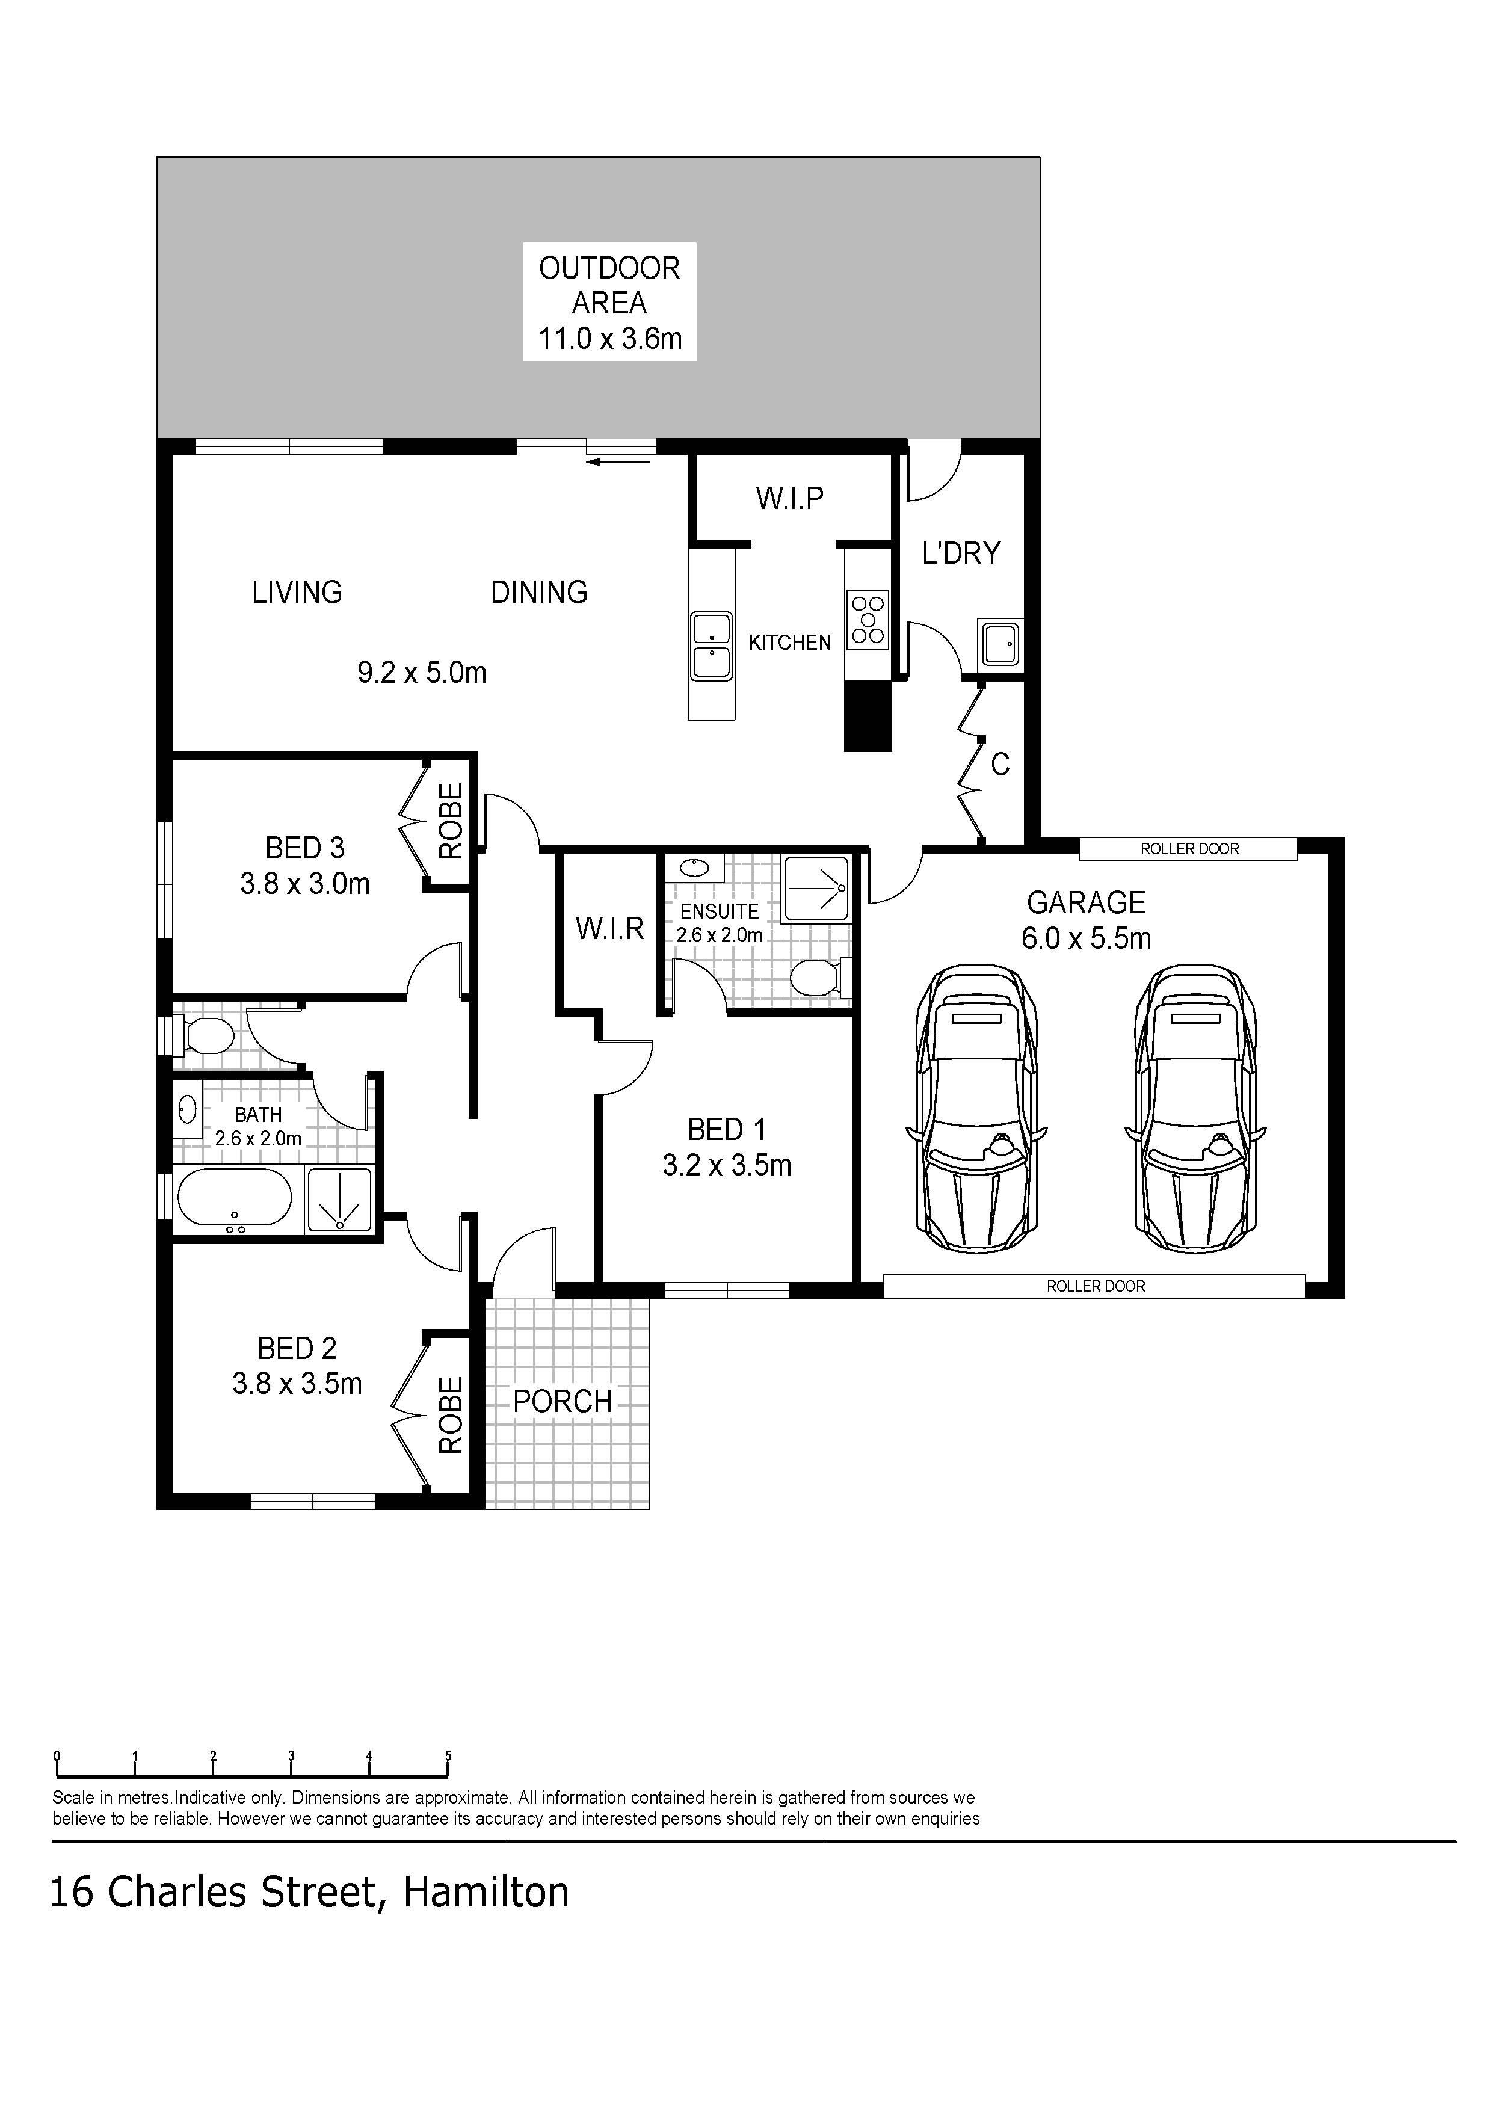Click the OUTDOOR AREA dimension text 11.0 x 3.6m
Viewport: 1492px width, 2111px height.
[x=609, y=339]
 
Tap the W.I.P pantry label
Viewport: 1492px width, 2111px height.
[x=790, y=498]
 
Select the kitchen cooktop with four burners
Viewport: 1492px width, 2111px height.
[x=868, y=620]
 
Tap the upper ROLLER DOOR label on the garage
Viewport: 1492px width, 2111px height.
[x=1189, y=849]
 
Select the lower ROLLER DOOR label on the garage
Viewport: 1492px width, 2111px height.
[x=1096, y=1286]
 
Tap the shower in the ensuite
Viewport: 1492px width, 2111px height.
[x=815, y=889]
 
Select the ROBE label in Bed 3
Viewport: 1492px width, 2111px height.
[x=451, y=821]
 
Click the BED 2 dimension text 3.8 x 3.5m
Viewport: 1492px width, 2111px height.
[x=297, y=1384]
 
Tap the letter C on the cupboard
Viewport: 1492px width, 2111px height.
[x=1000, y=764]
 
